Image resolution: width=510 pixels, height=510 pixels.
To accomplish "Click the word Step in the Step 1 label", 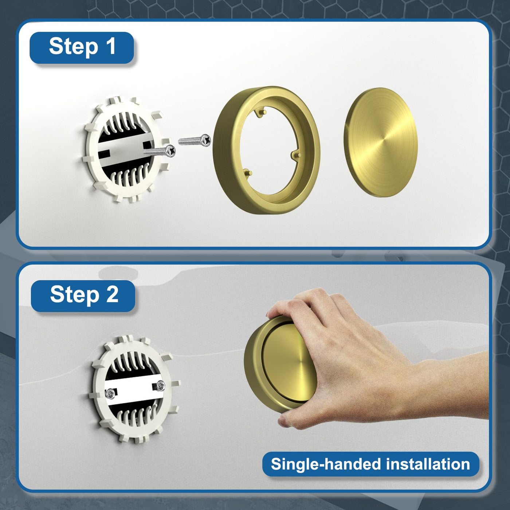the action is (74, 48).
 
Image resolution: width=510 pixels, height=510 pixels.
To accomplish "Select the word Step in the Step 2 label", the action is (75, 296).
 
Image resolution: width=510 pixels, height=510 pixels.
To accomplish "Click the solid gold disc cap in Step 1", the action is (381, 142).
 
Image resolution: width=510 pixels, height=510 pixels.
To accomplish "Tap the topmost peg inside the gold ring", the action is (261, 112).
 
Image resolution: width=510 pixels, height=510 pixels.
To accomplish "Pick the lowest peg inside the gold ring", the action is (248, 173).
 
